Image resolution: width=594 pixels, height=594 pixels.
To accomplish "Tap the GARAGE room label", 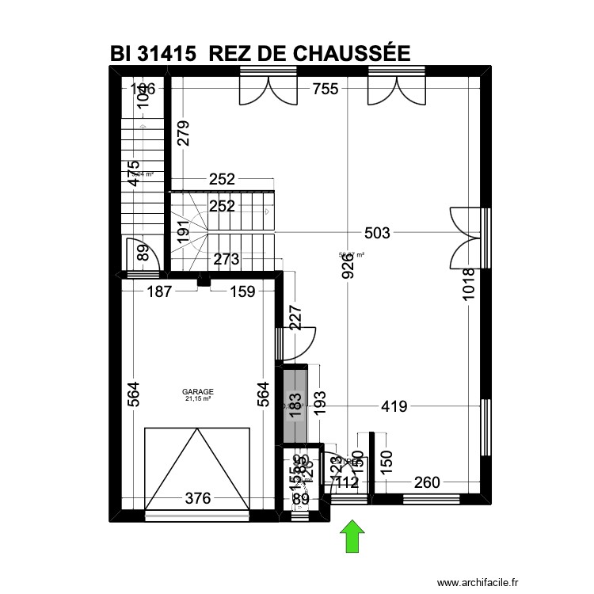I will pyautogui.click(x=198, y=391).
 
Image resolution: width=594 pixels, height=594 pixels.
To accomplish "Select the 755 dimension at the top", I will pyautogui.click(x=326, y=89).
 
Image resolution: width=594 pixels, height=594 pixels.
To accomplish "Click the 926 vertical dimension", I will pyautogui.click(x=348, y=279).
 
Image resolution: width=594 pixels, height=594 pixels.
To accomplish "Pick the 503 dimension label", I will pyautogui.click(x=377, y=233).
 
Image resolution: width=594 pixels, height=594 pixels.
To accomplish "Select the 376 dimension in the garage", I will pyautogui.click(x=198, y=498).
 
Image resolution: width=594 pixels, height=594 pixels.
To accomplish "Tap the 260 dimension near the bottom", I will pyautogui.click(x=426, y=482).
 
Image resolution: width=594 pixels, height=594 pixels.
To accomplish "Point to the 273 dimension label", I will pyautogui.click(x=227, y=258).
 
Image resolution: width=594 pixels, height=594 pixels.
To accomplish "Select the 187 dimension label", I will pyautogui.click(x=160, y=291).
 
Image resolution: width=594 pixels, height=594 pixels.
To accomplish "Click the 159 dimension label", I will pyautogui.click(x=242, y=291).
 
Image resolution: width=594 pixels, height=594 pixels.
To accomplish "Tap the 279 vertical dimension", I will pyautogui.click(x=183, y=135).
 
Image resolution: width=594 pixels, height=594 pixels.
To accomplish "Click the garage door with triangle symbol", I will pyautogui.click(x=197, y=470).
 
